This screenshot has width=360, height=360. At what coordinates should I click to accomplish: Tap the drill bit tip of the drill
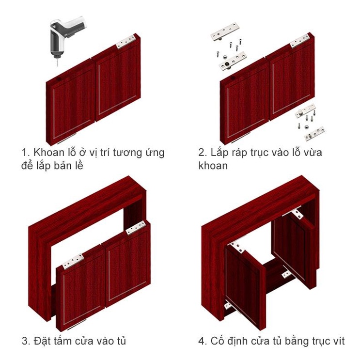pos(57,66)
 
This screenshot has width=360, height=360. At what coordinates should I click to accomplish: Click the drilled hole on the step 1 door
pos(58,79)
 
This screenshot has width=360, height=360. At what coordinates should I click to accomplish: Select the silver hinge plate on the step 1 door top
pos(125,42)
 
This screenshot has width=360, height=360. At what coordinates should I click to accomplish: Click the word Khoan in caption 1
pos(49,152)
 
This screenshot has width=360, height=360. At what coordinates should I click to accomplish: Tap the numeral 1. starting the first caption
pos(26,153)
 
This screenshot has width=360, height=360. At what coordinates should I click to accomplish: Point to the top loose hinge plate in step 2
pos(225,31)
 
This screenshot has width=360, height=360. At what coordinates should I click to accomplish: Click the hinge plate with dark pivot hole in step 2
pos(233,62)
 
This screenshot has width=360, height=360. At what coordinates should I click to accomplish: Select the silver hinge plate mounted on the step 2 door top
pos(300,41)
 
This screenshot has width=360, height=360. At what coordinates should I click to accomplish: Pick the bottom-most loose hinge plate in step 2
pos(314,133)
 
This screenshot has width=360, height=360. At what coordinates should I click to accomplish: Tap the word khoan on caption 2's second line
pos(213,166)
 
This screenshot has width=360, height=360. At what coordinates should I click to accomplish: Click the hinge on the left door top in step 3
pos(73,261)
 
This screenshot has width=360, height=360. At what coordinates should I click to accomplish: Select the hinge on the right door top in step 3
pos(136,228)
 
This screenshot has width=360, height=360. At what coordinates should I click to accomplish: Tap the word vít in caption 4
pos(339,341)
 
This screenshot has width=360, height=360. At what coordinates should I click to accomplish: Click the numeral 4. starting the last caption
pos(203,341)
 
